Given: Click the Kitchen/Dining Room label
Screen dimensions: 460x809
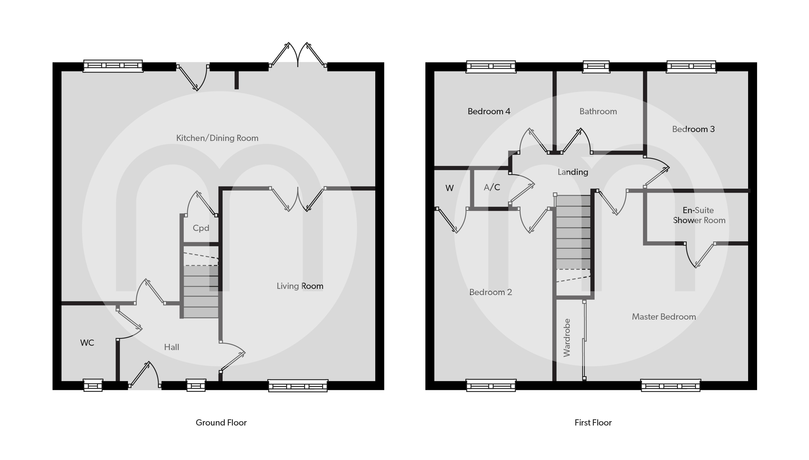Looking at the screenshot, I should pos(217,138).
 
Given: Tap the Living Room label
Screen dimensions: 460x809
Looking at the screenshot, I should pos(300,286).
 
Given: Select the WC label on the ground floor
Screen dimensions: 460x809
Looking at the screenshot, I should pos(87,343).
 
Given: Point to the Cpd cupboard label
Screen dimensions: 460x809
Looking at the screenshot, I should pos(201,228).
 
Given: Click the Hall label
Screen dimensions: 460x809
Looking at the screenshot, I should pos(171,347).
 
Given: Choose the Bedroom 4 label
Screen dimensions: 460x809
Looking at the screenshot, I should pos(489,111).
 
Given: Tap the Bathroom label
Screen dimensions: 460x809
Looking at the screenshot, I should pos(598,111).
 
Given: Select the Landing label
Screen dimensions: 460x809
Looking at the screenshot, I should pos(573,172).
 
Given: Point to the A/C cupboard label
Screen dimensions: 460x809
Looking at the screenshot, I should pos(492,187).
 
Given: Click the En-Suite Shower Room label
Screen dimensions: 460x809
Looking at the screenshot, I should pos(699,215).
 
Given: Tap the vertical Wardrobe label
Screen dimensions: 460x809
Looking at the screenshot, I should pos(567,338).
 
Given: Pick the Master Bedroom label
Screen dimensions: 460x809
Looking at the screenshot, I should pos(664,317).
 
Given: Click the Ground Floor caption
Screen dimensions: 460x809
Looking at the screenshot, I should pos(221,423).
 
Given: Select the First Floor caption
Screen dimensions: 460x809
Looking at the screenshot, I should pos(593,423).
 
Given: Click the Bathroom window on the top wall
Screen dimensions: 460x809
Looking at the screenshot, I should pos(596,66).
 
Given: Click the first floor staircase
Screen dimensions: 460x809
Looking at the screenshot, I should pos(573,234).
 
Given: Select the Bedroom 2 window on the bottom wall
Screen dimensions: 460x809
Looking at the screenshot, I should pos(491,386).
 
